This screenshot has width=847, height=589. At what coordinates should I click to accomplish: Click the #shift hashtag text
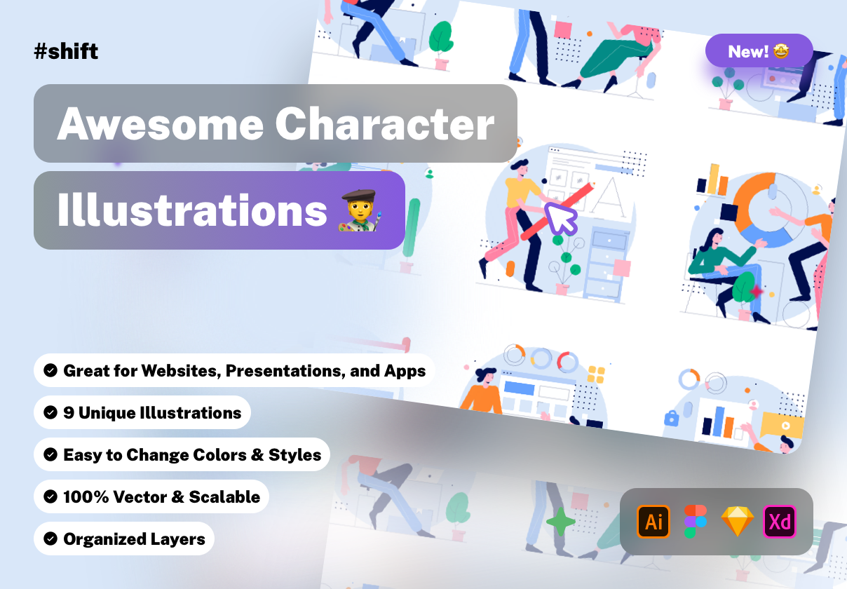(66, 51)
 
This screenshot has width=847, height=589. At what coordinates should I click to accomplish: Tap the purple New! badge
(759, 50)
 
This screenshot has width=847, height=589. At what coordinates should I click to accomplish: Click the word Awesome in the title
(161, 124)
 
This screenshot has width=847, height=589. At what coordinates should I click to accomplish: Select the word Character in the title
(385, 123)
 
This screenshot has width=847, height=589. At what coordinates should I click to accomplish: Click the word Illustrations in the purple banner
(192, 210)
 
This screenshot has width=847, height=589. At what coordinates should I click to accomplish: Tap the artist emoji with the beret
(360, 210)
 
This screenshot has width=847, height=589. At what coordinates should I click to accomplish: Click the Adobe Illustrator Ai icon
(653, 522)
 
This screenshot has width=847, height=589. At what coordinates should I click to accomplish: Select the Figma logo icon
(696, 522)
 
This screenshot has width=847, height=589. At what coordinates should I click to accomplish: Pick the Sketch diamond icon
(738, 522)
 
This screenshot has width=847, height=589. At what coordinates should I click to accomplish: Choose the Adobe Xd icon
(780, 522)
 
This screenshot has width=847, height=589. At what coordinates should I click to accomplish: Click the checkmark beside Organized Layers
(50, 539)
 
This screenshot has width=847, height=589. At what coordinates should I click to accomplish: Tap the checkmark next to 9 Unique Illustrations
(50, 412)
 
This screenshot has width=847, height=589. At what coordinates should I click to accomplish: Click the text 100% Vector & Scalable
(162, 496)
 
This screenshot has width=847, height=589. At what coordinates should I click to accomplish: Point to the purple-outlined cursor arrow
(561, 219)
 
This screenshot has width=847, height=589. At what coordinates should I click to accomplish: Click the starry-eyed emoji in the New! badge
(781, 50)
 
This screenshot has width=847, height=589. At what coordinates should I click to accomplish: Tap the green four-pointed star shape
(561, 522)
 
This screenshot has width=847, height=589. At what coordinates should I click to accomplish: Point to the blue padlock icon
(672, 418)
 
